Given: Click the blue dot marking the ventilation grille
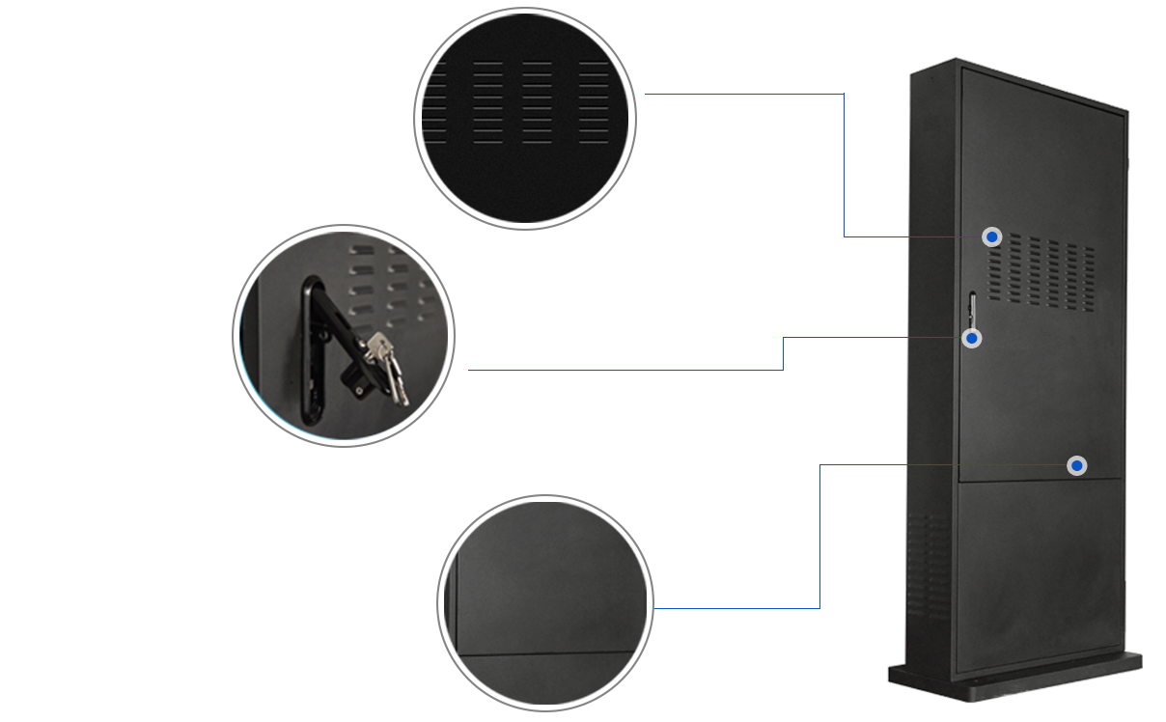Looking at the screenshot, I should click(991, 236).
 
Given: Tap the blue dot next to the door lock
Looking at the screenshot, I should click(972, 338).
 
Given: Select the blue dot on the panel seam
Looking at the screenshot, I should click(1076, 466).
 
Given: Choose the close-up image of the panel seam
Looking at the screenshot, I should click(544, 602).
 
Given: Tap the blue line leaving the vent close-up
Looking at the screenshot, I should click(738, 94).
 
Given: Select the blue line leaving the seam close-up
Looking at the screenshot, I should click(738, 608).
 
